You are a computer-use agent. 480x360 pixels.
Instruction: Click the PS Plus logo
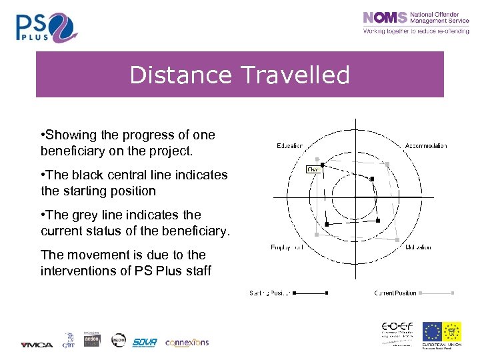pyautogui.click(x=47, y=27)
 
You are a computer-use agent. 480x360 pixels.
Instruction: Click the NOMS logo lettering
pyautogui.click(x=385, y=18)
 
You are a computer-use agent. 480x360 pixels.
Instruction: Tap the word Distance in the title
pyautogui.click(x=179, y=75)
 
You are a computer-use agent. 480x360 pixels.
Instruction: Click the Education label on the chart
pyautogui.click(x=289, y=145)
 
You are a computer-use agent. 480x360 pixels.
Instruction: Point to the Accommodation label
pyautogui.click(x=426, y=145)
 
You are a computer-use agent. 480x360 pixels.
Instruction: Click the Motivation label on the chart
pyautogui.click(x=418, y=247)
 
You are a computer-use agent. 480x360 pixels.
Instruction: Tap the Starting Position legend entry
pyautogui.click(x=270, y=293)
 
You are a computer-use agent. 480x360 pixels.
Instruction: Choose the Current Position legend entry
pyautogui.click(x=395, y=293)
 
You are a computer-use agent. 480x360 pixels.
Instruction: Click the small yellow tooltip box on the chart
pyautogui.click(x=313, y=170)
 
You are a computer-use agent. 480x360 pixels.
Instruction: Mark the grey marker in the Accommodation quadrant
pyautogui.click(x=388, y=164)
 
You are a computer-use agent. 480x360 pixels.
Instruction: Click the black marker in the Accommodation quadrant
pyautogui.click(x=372, y=179)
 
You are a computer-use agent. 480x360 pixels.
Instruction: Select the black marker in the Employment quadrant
pyautogui.click(x=327, y=224)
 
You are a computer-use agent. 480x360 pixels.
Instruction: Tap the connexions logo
pyautogui.click(x=187, y=342)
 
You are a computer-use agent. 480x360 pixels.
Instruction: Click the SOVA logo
pyautogui.click(x=144, y=342)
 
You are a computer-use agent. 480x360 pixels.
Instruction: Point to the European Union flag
pyautogui.click(x=431, y=331)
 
